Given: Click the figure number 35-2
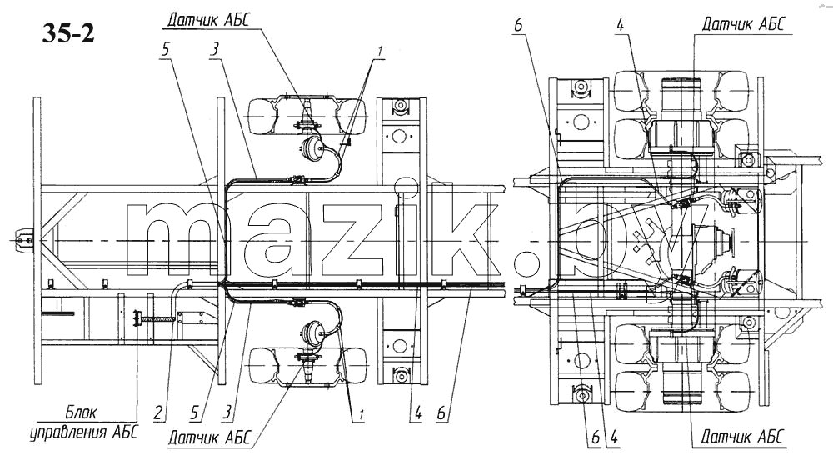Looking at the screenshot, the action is pyautogui.click(x=68, y=33).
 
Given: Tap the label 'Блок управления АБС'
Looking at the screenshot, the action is pyautogui.click(x=84, y=422).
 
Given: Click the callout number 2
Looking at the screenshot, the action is pyautogui.click(x=158, y=412).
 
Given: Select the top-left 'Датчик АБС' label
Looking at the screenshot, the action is pyautogui.click(x=207, y=20).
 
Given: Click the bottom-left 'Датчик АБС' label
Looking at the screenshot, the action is pyautogui.click(x=209, y=437).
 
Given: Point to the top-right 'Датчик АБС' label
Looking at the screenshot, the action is pyautogui.click(x=743, y=24).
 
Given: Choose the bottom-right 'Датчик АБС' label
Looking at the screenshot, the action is pyautogui.click(x=741, y=437).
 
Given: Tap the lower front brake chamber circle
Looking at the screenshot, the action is pyautogui.click(x=313, y=333).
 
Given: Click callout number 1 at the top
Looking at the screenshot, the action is pyautogui.click(x=379, y=52).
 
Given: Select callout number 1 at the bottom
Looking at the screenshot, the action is pyautogui.click(x=362, y=414).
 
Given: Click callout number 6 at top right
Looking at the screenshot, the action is pyautogui.click(x=518, y=24).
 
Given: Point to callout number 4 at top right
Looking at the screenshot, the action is pyautogui.click(x=620, y=24).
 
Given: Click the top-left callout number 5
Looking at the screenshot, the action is pyautogui.click(x=166, y=49).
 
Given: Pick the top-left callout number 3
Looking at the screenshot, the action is pyautogui.click(x=214, y=49).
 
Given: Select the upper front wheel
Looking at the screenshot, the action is pyautogui.click(x=307, y=116).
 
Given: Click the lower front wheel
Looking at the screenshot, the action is pyautogui.click(x=307, y=365).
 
